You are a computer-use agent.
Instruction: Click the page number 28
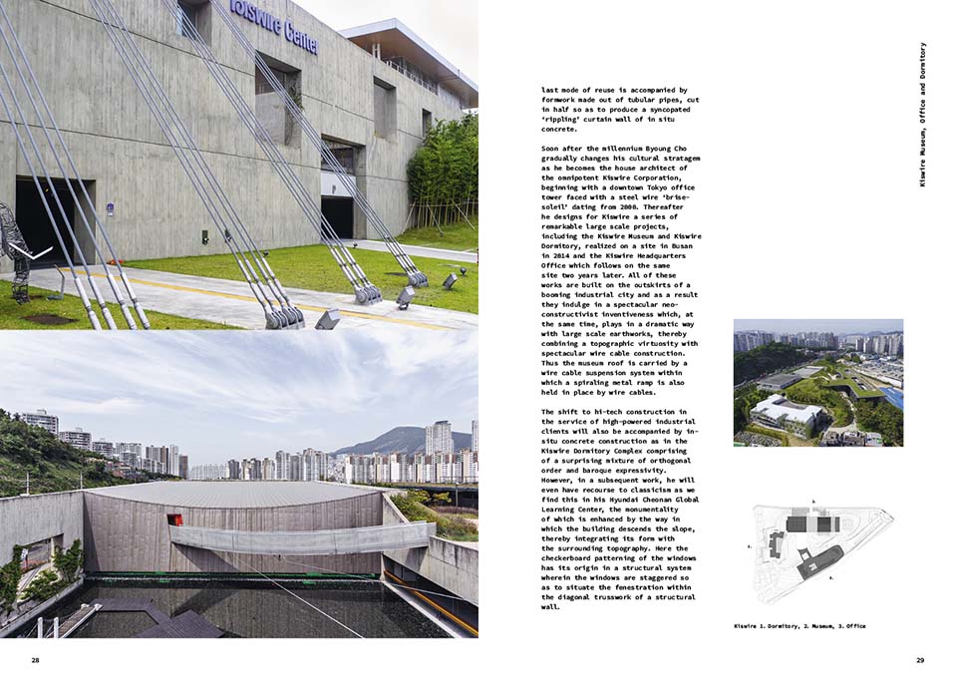[x=35, y=660]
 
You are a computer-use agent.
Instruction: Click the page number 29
[x=920, y=660]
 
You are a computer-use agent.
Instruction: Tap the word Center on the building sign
[x=299, y=38]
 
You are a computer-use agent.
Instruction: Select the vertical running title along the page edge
[x=923, y=114]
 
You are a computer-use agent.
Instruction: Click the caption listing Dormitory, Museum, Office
[x=798, y=625]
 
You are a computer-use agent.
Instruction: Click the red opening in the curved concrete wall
[x=175, y=519]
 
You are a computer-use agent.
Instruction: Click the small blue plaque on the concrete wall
[x=109, y=209]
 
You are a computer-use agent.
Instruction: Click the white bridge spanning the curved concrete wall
[x=299, y=538]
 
